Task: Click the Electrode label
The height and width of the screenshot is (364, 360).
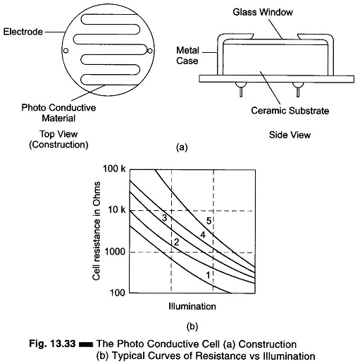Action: (x=23, y=32)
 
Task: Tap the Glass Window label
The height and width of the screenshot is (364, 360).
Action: (x=263, y=12)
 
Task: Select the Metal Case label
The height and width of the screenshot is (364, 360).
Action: (x=187, y=56)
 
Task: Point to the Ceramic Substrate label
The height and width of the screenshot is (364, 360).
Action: (x=290, y=111)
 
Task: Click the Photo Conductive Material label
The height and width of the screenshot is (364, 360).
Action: (x=58, y=113)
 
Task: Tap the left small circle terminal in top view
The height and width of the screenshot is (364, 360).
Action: (x=66, y=51)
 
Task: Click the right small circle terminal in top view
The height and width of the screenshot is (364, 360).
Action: (x=149, y=51)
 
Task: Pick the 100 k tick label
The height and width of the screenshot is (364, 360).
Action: (x=114, y=169)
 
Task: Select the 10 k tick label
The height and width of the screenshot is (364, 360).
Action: (x=117, y=210)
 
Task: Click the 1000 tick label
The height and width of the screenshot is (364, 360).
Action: (x=115, y=252)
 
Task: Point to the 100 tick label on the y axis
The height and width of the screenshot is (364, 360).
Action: (x=118, y=293)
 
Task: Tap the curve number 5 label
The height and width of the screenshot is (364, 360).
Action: (x=209, y=221)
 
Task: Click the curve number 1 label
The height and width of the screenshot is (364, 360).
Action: (x=208, y=275)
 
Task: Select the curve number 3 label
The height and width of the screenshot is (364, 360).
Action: (x=164, y=218)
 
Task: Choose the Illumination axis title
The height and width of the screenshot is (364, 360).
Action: (x=192, y=306)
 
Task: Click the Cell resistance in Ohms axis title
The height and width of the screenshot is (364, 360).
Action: (x=97, y=231)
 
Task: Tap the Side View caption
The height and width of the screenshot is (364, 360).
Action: (x=290, y=135)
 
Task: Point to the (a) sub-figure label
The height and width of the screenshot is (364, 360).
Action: (x=182, y=147)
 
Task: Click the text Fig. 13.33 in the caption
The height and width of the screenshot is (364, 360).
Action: (x=52, y=344)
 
